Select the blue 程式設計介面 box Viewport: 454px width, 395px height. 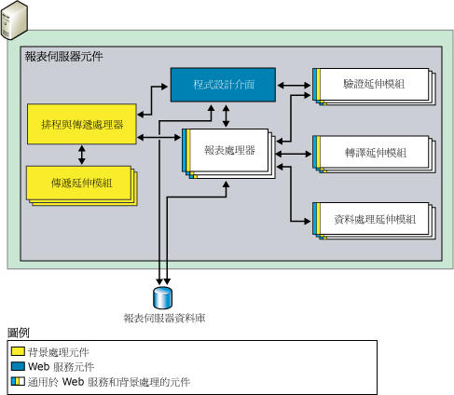pos(224,85)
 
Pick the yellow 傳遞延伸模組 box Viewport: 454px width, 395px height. pos(77,182)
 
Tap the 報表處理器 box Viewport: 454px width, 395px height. pos(227,150)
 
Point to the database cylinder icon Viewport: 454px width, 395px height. pos(164,297)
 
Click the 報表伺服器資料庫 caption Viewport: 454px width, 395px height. pos(164,319)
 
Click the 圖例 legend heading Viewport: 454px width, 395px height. pos(19,334)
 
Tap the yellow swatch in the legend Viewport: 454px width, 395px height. pos(18,352)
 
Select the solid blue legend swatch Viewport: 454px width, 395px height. pos(18,367)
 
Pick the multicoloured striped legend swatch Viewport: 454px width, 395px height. pos(18,382)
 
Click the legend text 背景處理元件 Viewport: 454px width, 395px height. pos(59,352)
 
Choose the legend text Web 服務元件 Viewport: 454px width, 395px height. pos(62,367)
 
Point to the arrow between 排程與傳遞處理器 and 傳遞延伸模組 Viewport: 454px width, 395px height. pos(82,152)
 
